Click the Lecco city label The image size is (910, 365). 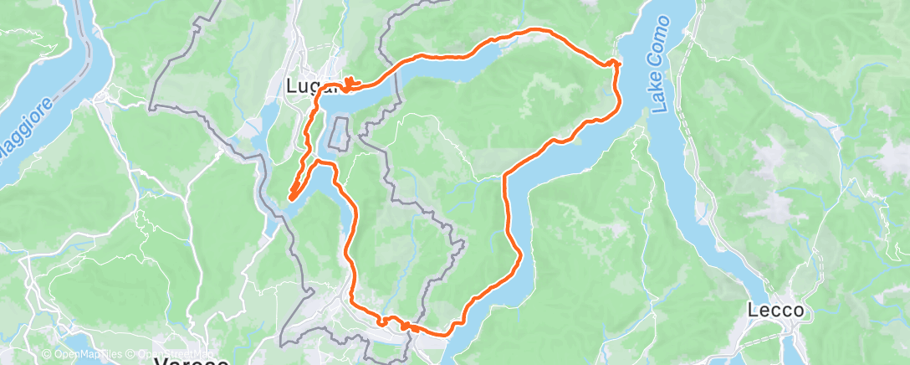[776, 311]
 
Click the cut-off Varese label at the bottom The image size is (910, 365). [192, 361]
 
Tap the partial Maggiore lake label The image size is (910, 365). [25, 134]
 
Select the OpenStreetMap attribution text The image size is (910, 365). [171, 354]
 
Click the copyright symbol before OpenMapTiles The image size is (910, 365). [48, 354]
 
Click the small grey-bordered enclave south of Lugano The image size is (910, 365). [340, 134]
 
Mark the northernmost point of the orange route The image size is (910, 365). [535, 31]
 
